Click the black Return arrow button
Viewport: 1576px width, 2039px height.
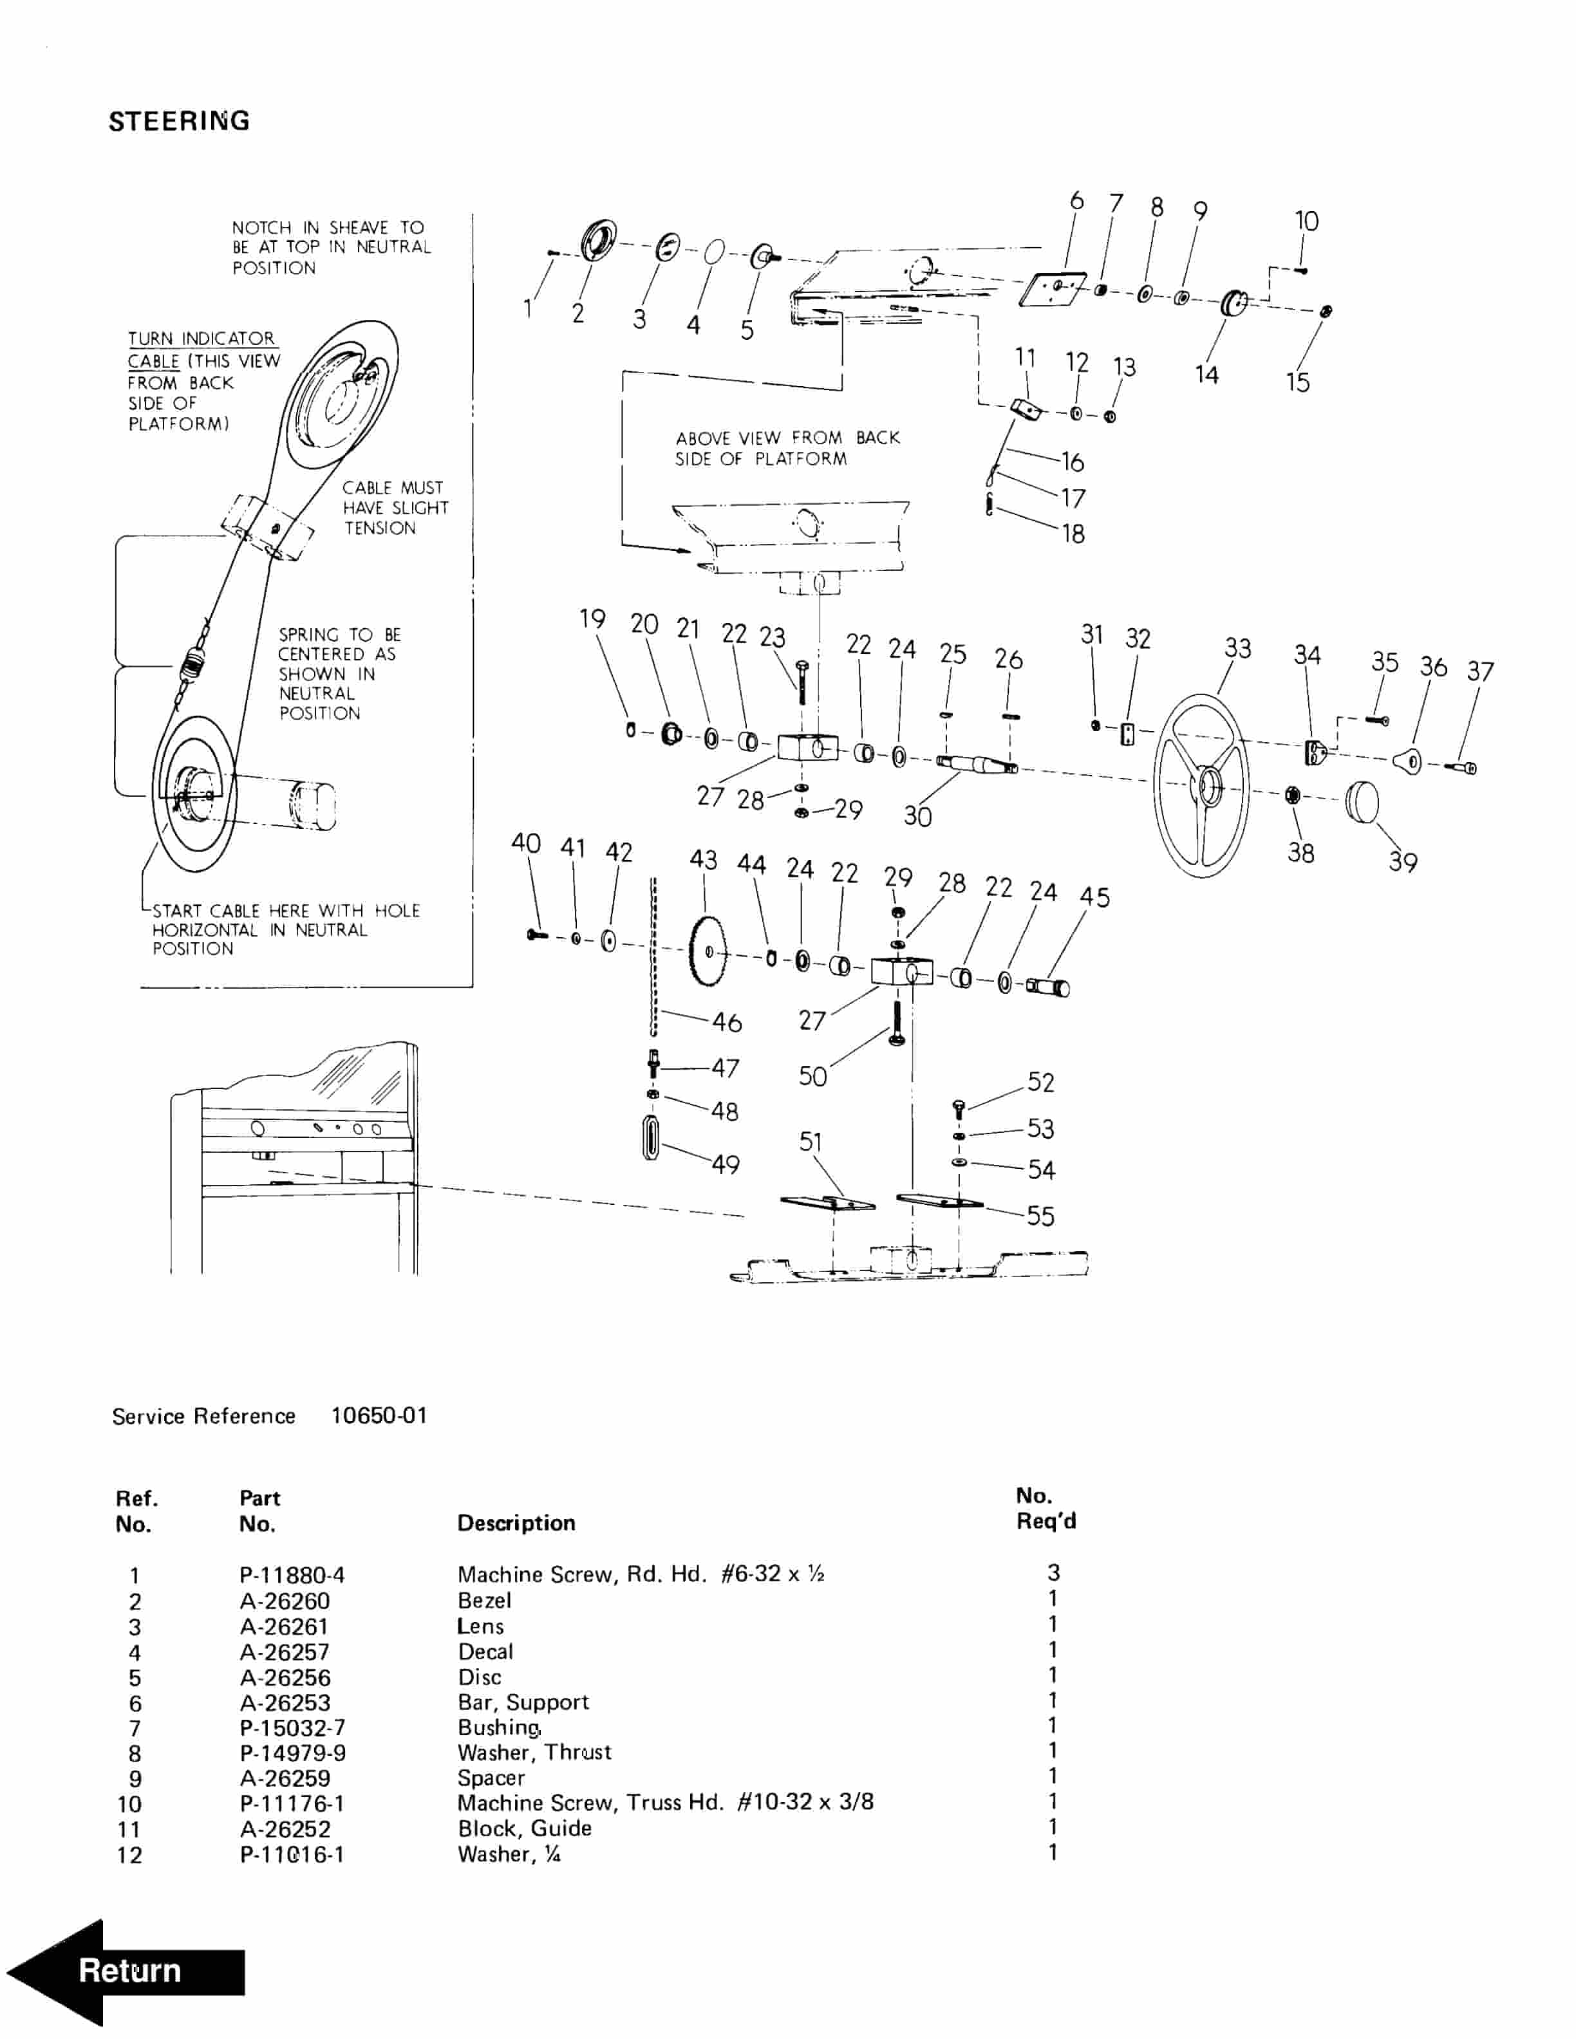pyautogui.click(x=126, y=1971)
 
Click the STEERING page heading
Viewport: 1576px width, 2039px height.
pyautogui.click(x=179, y=122)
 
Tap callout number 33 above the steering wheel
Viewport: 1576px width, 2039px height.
pyautogui.click(x=1237, y=648)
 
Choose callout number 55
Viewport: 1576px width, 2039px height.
pyautogui.click(x=1040, y=1216)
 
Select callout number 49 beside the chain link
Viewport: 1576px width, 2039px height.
pyautogui.click(x=726, y=1164)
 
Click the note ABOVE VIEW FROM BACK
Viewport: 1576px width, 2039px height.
pyautogui.click(x=788, y=438)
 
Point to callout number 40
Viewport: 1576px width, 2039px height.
pyautogui.click(x=525, y=843)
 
